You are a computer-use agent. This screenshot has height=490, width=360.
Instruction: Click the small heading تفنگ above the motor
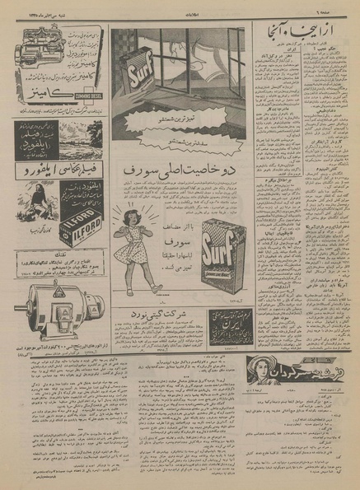click(58, 254)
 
